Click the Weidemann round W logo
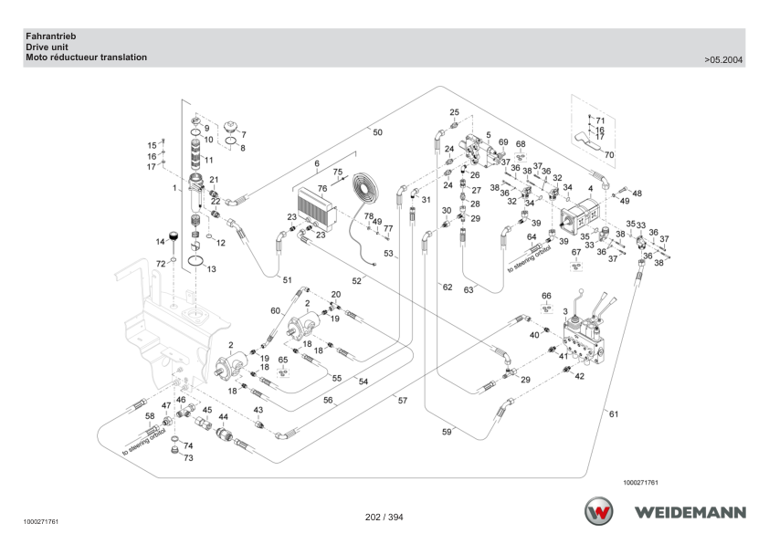[598, 511]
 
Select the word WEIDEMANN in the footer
[690, 513]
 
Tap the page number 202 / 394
[384, 517]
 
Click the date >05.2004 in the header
[723, 60]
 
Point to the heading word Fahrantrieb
[51, 37]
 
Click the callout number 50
[377, 132]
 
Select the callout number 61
[614, 414]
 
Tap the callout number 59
[447, 432]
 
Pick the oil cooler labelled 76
[316, 209]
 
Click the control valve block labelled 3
[585, 337]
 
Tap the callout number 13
[211, 269]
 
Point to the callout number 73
[188, 457]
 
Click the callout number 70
[609, 155]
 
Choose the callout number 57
[403, 401]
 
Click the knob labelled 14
[174, 236]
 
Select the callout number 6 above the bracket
[317, 163]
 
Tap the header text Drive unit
[47, 47]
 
